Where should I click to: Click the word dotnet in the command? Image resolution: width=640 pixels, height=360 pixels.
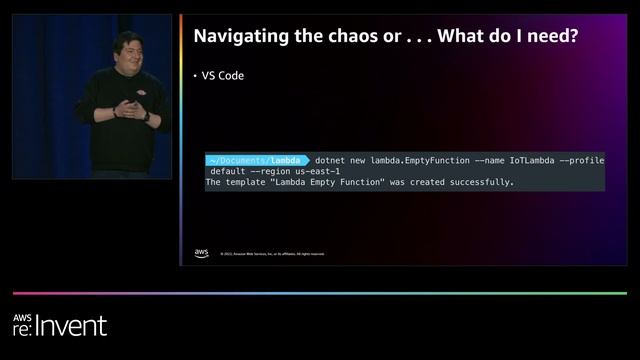[x=332, y=160]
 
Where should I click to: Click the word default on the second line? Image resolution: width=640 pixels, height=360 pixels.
[x=228, y=171]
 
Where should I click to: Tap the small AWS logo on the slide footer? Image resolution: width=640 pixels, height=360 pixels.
[x=202, y=252]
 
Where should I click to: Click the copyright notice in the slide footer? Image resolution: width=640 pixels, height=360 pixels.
[x=272, y=254]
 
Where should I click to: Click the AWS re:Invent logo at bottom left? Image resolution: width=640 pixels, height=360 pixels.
[x=59, y=324]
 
